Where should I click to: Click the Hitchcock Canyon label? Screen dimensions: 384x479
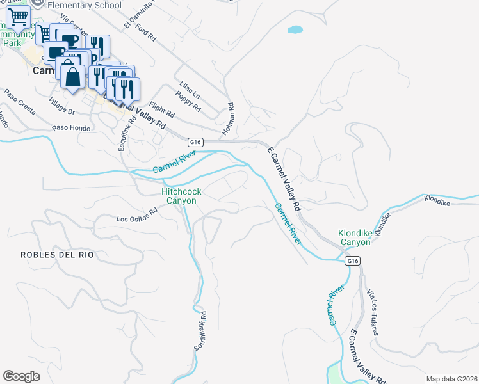tap(179, 196)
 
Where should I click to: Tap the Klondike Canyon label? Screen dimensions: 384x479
tap(355, 237)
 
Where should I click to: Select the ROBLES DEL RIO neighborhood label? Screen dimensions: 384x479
tap(57, 255)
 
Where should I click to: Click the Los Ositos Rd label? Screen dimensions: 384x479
tap(136, 214)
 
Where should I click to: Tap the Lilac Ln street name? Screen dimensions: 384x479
tap(183, 91)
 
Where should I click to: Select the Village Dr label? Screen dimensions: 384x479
tap(62, 106)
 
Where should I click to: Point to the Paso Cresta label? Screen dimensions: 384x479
tap(19, 101)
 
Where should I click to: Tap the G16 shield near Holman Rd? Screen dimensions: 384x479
tap(196, 141)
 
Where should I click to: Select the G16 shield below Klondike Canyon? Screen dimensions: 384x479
tap(352, 261)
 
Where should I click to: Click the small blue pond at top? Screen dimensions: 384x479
tap(295, 29)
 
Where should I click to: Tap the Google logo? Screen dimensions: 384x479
tap(21, 376)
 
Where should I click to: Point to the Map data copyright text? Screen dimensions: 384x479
tap(451, 379)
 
